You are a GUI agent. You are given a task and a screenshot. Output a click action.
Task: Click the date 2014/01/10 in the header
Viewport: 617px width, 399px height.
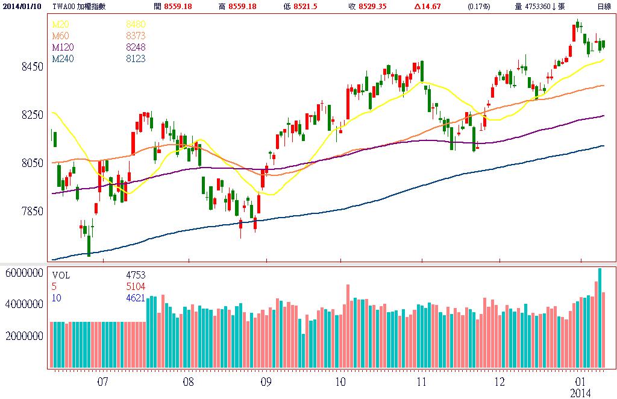tap(23, 6)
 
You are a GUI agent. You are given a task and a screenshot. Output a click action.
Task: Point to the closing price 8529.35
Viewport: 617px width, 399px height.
tap(374, 6)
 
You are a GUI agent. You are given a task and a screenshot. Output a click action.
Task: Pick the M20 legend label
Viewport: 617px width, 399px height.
tap(60, 24)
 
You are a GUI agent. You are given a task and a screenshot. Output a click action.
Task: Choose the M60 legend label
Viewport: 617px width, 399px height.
tap(60, 36)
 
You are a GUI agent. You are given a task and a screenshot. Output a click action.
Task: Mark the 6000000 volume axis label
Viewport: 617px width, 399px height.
tap(24, 273)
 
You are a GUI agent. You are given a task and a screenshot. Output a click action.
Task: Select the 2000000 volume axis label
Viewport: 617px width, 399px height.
tap(24, 336)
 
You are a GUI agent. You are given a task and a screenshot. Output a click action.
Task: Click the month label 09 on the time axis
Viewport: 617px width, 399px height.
tap(266, 382)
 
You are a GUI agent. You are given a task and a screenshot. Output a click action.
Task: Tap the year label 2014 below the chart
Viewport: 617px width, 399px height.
tap(581, 392)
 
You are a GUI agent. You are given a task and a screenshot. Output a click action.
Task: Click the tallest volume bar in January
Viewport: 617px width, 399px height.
tap(600, 318)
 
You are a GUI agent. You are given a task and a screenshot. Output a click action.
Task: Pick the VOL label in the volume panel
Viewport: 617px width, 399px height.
tap(61, 275)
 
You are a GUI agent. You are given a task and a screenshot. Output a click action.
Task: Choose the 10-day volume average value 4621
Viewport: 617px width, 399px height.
tap(135, 298)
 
